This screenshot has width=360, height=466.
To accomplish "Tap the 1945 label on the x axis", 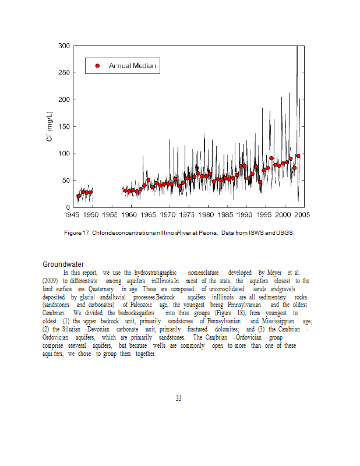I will click(x=73, y=214).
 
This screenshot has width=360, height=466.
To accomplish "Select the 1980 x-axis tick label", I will click(x=207, y=214).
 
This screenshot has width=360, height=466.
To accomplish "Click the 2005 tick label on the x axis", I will click(x=303, y=214).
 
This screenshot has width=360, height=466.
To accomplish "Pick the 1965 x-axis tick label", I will click(x=150, y=214).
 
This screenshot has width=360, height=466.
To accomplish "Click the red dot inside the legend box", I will click(x=97, y=65).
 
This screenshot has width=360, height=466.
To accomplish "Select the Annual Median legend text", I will click(x=132, y=65).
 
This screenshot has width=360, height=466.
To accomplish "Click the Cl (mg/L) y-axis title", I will click(x=51, y=128).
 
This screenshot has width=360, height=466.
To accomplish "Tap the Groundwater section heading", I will click(x=63, y=264).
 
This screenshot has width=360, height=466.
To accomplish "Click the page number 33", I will click(x=179, y=398).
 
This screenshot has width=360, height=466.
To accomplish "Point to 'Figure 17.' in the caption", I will click(x=77, y=233).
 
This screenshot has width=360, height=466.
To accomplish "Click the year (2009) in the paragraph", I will click(x=51, y=281).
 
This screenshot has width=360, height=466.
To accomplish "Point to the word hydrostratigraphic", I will click(x=147, y=273).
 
